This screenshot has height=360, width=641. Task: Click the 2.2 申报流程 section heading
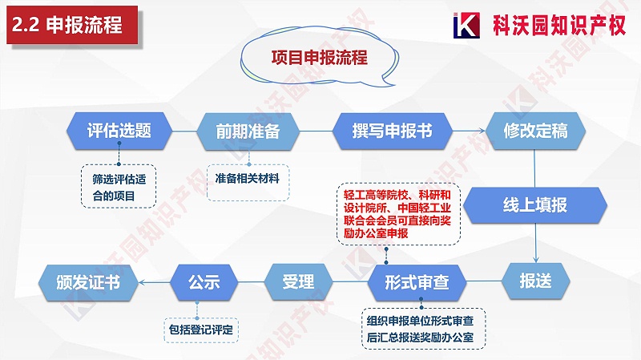[x=68, y=25]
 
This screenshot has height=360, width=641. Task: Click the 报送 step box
[x=534, y=281]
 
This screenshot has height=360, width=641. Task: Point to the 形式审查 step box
[x=416, y=282]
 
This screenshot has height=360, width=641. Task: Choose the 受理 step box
[x=297, y=282]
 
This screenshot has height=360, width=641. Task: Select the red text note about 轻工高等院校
[x=397, y=213]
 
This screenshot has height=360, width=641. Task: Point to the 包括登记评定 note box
[x=204, y=328]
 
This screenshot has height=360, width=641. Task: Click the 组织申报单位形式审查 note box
[x=420, y=328]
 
